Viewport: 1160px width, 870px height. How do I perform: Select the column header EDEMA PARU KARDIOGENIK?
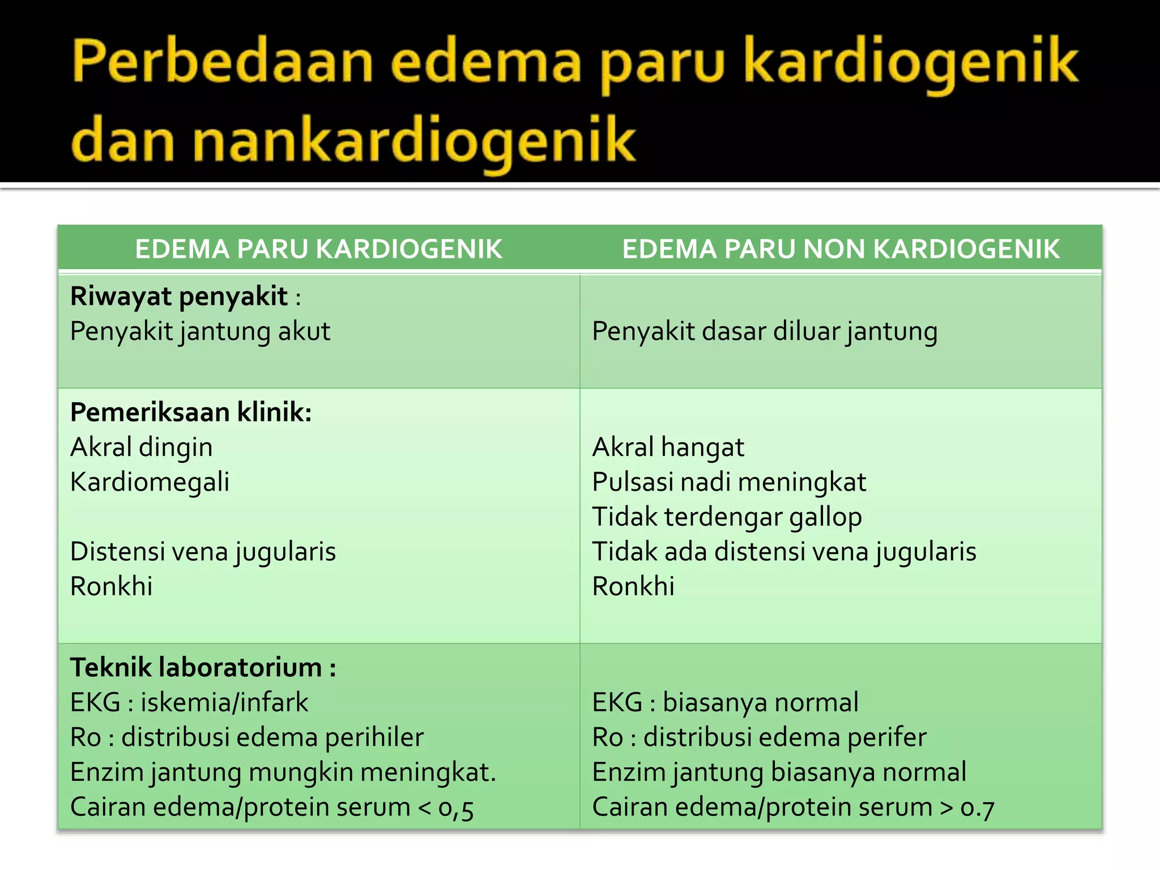pyautogui.click(x=318, y=249)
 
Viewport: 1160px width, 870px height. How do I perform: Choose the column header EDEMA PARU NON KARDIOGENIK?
pyautogui.click(x=841, y=249)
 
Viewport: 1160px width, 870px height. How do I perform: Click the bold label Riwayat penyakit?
pyautogui.click(x=179, y=297)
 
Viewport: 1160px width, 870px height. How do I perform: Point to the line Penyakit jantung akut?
pyautogui.click(x=200, y=332)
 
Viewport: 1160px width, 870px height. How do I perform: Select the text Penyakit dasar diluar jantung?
pyautogui.click(x=765, y=332)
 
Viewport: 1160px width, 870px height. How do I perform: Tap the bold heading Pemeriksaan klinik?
pyautogui.click(x=191, y=412)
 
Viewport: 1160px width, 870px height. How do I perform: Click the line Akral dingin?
pyautogui.click(x=141, y=447)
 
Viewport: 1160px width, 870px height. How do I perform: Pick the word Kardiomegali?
pyautogui.click(x=150, y=483)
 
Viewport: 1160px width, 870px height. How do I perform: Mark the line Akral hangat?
pyautogui.click(x=668, y=447)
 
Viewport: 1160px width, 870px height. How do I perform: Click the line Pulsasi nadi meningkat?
pyautogui.click(x=729, y=483)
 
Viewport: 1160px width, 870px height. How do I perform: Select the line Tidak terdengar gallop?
pyautogui.click(x=727, y=517)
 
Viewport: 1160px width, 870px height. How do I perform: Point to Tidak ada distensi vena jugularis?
pyautogui.click(x=784, y=552)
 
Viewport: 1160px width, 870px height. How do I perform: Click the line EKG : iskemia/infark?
pyautogui.click(x=189, y=703)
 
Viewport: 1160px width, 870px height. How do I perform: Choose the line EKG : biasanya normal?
pyautogui.click(x=725, y=703)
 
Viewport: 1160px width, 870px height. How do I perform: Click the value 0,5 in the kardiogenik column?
pyautogui.click(x=456, y=808)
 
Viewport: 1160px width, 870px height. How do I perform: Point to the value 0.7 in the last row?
pyautogui.click(x=977, y=808)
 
